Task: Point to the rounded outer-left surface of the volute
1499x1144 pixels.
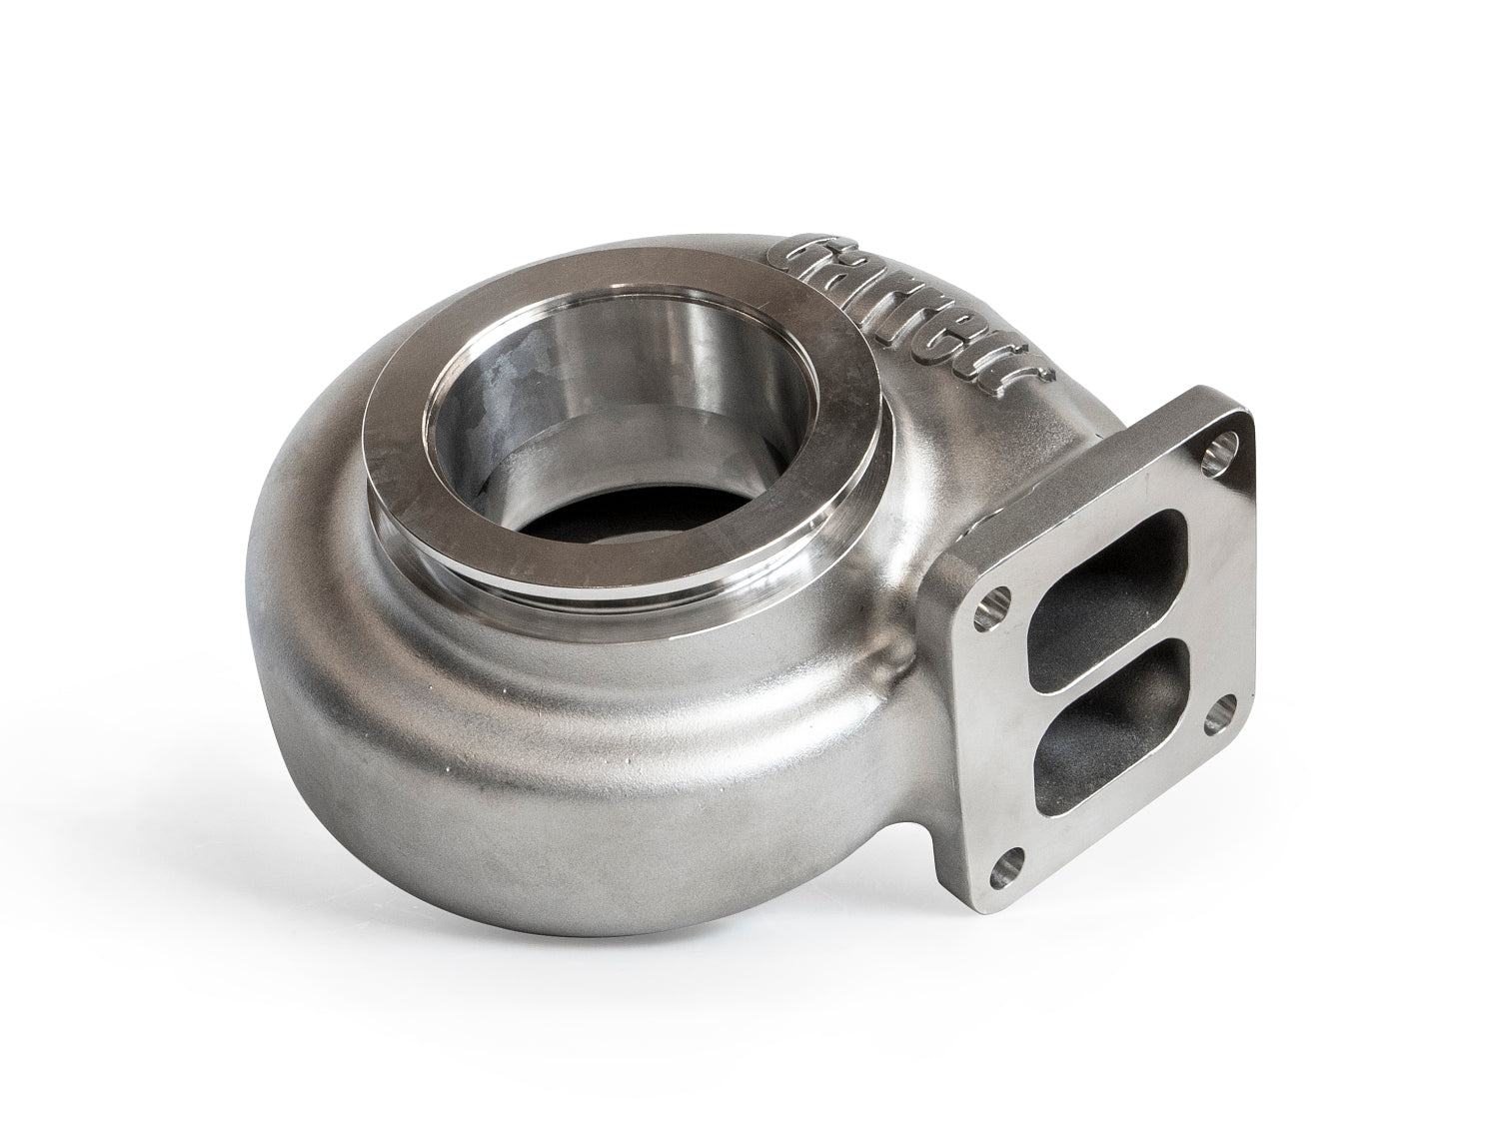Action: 290,649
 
